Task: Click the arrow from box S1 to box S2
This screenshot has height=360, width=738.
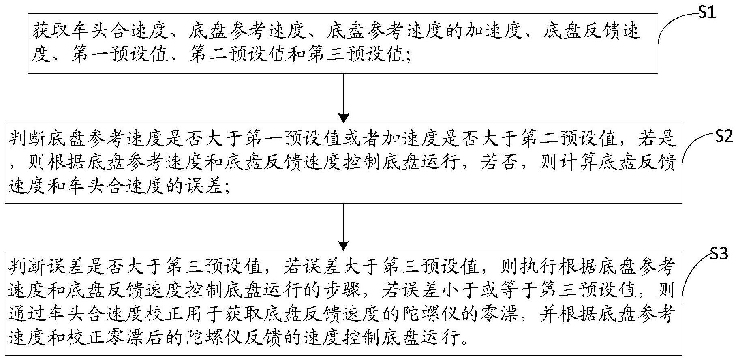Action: tap(343, 97)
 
